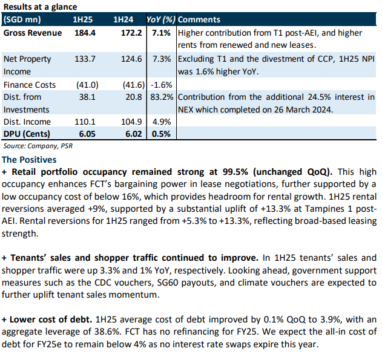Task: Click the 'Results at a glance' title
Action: pyautogui.click(x=40, y=7)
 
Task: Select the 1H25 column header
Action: pyautogui.click(x=82, y=19)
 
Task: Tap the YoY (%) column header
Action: pyautogui.click(x=161, y=19)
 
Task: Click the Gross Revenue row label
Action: pyautogui.click(x=33, y=33)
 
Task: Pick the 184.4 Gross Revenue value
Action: pyautogui.click(x=85, y=33)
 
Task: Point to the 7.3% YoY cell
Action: pyautogui.click(x=162, y=59)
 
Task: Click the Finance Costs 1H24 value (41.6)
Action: pyautogui.click(x=134, y=85)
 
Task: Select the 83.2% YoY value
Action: pyautogui.click(x=162, y=97)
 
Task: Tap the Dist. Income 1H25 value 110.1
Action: pyautogui.click(x=85, y=122)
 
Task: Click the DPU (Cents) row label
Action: pyautogui.click(x=27, y=134)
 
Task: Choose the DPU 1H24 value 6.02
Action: pyautogui.click(x=134, y=134)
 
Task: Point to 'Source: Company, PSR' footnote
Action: pyautogui.click(x=38, y=146)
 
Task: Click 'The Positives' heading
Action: pyautogui.click(x=29, y=160)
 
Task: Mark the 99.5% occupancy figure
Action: pyautogui.click(x=235, y=172)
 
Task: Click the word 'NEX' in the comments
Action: pyautogui.click(x=186, y=110)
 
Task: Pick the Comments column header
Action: pyautogui.click(x=199, y=19)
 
